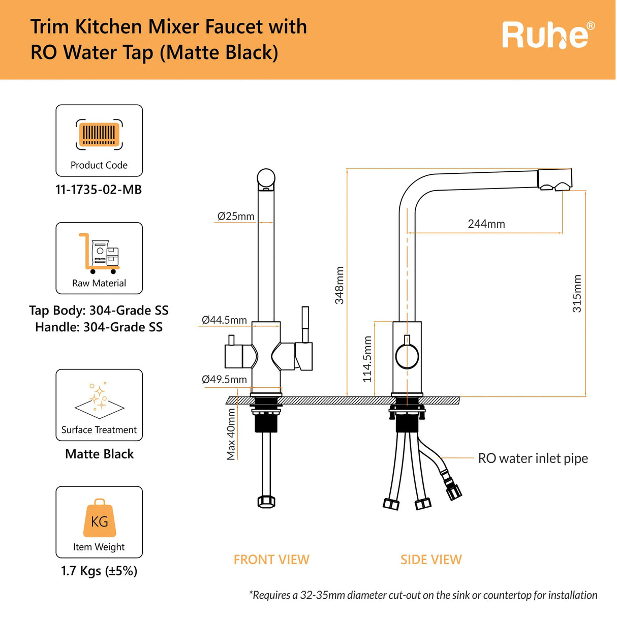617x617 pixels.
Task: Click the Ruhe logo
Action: click(x=548, y=35)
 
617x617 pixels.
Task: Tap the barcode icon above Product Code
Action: click(x=99, y=135)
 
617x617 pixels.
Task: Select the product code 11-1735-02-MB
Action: click(x=99, y=190)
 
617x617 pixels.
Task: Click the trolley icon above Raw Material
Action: click(x=99, y=253)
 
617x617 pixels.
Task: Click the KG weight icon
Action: click(x=99, y=518)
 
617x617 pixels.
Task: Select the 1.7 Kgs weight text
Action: click(x=99, y=571)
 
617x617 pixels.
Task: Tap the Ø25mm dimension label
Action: click(x=236, y=216)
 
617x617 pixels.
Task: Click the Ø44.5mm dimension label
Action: click(x=224, y=320)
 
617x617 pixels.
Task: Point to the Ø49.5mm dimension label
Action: click(x=224, y=380)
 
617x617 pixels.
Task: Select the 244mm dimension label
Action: click(x=486, y=224)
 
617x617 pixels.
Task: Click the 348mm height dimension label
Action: click(x=339, y=285)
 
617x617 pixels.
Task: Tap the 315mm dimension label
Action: click(x=577, y=293)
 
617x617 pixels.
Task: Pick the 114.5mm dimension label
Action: click(x=367, y=359)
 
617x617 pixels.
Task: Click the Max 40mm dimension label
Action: click(x=231, y=434)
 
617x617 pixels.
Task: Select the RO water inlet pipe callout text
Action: click(x=533, y=458)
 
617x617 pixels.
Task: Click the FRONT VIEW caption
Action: click(x=271, y=560)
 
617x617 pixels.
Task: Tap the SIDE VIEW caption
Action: click(x=431, y=560)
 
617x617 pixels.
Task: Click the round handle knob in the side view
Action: click(x=407, y=357)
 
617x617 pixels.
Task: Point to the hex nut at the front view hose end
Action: click(x=266, y=502)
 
